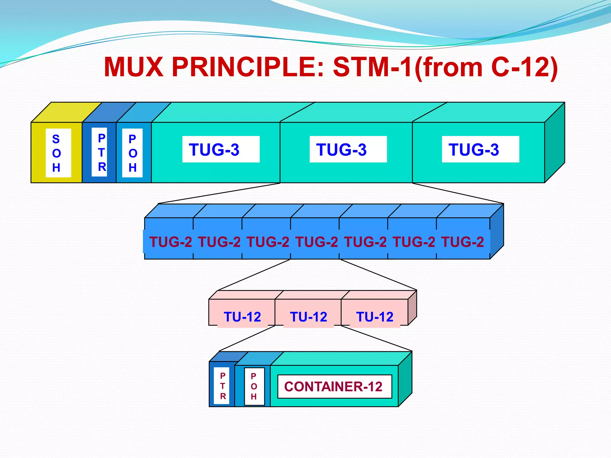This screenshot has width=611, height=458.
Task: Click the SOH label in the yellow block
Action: pos(58,153)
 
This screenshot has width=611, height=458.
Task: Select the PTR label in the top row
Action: pos(99,152)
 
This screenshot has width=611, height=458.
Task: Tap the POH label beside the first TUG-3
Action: pos(132,153)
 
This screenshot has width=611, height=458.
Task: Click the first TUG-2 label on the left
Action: pos(170,242)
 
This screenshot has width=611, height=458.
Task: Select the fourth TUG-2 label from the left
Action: pos(317,242)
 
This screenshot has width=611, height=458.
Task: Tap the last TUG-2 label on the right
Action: pos(462,242)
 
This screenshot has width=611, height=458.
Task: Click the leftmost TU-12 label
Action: pos(242,317)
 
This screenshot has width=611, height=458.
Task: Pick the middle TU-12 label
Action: pos(308,317)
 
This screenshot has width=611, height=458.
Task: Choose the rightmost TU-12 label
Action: pos(375,317)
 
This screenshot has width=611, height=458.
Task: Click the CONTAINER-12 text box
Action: pos(334,386)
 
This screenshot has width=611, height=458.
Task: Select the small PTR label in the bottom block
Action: pos(223,386)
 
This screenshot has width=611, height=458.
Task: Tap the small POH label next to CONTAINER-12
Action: pos(254,386)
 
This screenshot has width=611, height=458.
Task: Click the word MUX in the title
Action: pos(134,67)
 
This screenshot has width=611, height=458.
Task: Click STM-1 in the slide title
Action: pos(373,67)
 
